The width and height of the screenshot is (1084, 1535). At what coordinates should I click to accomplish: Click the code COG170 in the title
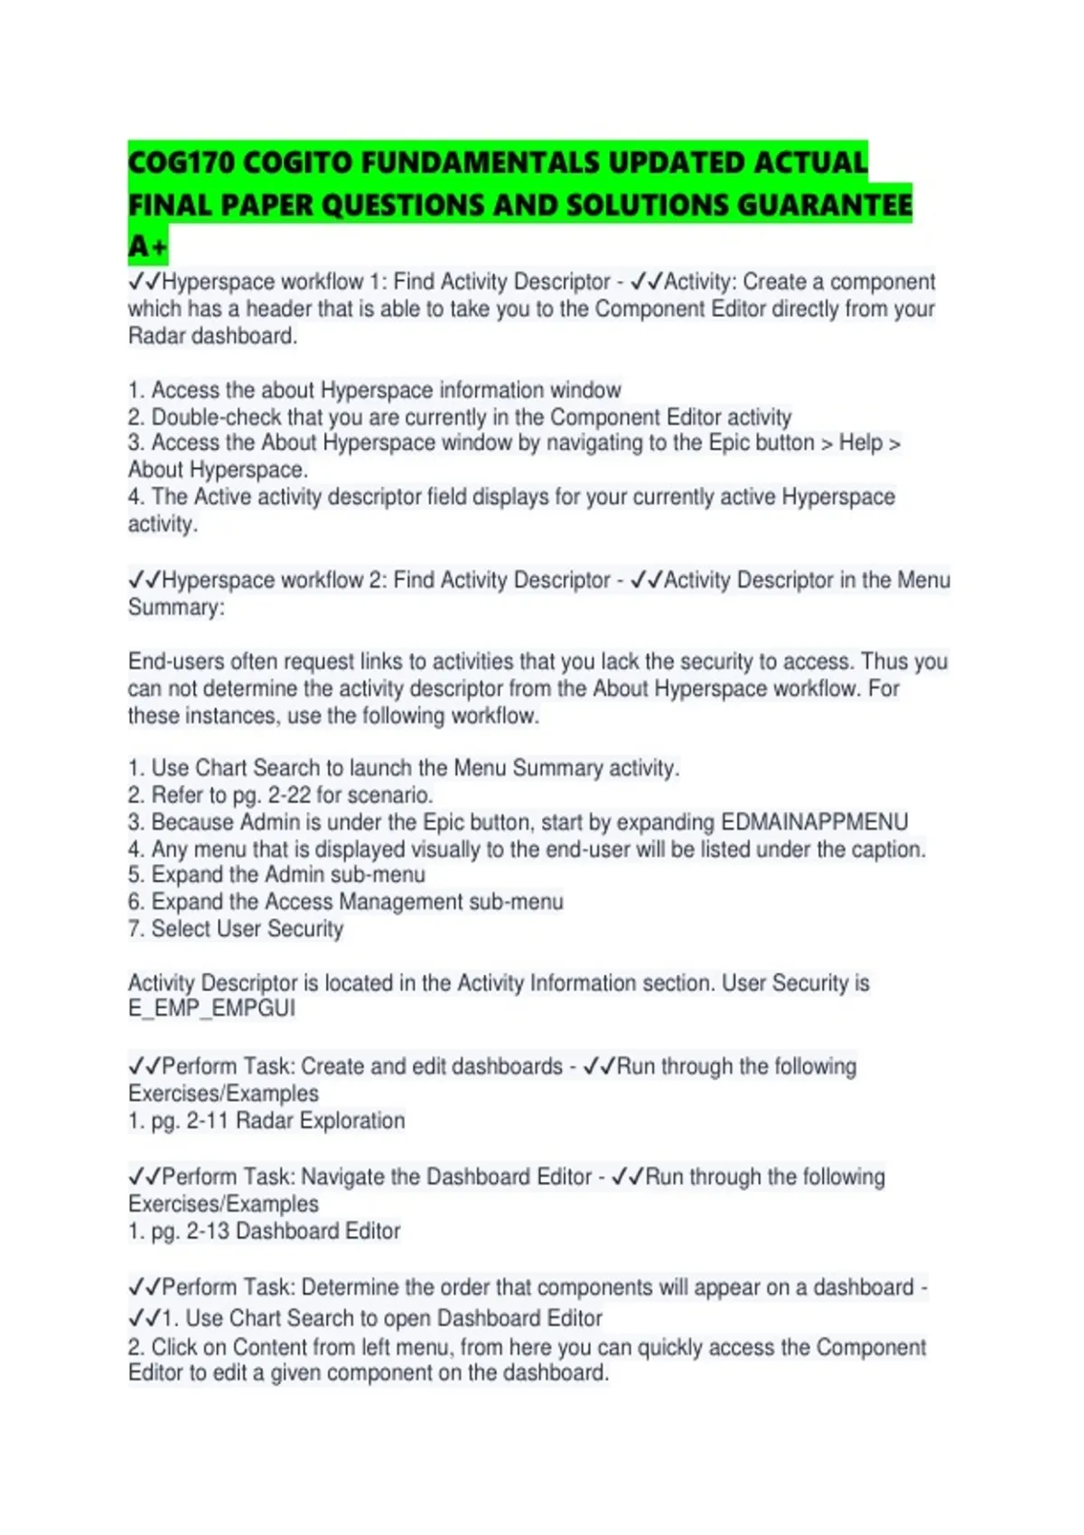[182, 163]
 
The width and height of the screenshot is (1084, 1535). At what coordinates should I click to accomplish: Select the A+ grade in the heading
[147, 246]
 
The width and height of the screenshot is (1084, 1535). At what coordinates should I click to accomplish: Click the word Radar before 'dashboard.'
[156, 336]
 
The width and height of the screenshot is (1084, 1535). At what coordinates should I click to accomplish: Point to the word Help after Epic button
[860, 442]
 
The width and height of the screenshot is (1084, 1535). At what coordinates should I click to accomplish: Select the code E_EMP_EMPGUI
[211, 1009]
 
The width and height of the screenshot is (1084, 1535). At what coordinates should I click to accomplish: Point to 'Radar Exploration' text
[320, 1121]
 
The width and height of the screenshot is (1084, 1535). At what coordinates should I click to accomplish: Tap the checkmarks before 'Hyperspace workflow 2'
[144, 580]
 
